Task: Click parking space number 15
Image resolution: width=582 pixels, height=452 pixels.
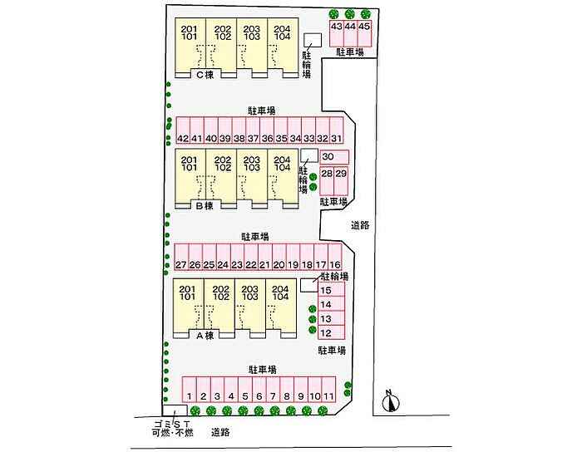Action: pyautogui.click(x=327, y=291)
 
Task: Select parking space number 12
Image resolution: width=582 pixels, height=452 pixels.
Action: pyautogui.click(x=327, y=332)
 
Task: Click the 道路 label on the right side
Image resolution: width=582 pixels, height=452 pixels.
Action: pyautogui.click(x=360, y=224)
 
